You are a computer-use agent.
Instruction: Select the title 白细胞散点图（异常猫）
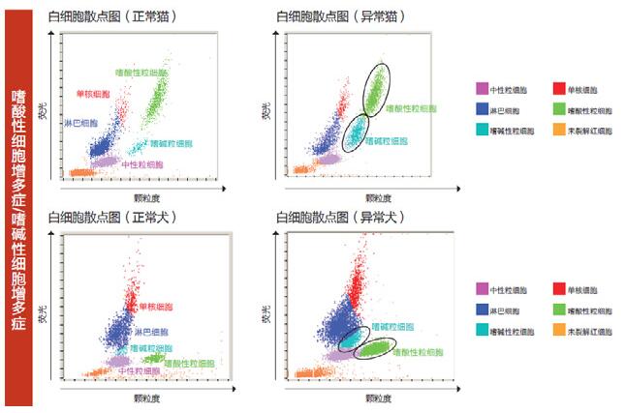(x=340, y=16)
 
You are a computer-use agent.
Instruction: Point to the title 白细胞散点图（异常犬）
(x=340, y=217)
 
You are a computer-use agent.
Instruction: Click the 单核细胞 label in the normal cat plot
(x=93, y=94)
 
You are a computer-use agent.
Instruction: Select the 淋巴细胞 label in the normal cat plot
(x=80, y=125)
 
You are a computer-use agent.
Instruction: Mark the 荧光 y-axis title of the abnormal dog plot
(x=267, y=315)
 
